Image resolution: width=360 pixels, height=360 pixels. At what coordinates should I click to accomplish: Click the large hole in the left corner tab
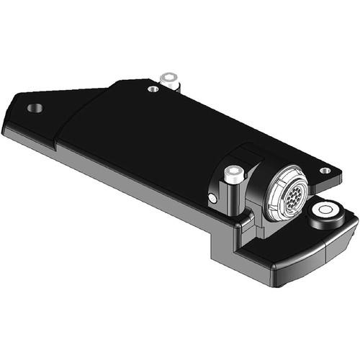[35, 108]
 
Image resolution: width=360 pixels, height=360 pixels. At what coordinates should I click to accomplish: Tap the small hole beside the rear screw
[153, 89]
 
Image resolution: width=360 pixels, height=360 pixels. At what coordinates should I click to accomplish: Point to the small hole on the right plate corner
[325, 171]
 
